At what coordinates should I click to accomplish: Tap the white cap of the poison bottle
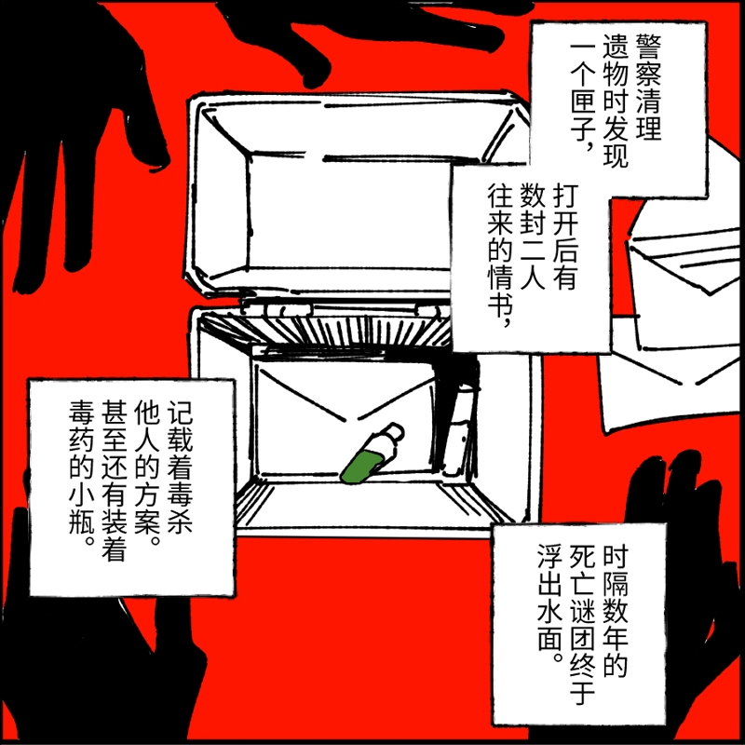(393, 432)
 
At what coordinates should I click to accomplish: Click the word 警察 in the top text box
(648, 59)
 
